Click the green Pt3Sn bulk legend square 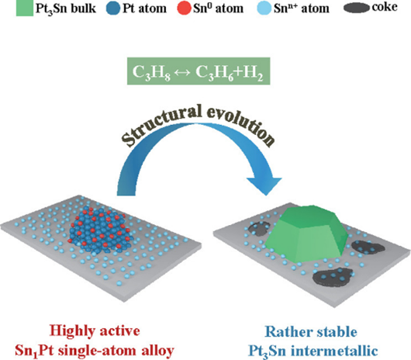[x=24, y=8]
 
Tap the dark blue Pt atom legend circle [x=113, y=8]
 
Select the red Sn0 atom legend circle [x=184, y=8]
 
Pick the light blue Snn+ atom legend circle [x=264, y=8]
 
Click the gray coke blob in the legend [x=357, y=8]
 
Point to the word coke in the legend [x=385, y=7]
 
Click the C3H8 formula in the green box [x=151, y=72]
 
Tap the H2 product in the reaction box [x=254, y=72]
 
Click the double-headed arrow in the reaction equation [x=183, y=71]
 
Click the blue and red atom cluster [x=98, y=230]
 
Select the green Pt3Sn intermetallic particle [x=306, y=234]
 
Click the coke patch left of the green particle [x=259, y=228]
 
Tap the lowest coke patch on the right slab [x=333, y=277]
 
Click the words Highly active [x=95, y=331]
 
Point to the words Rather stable [x=311, y=332]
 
